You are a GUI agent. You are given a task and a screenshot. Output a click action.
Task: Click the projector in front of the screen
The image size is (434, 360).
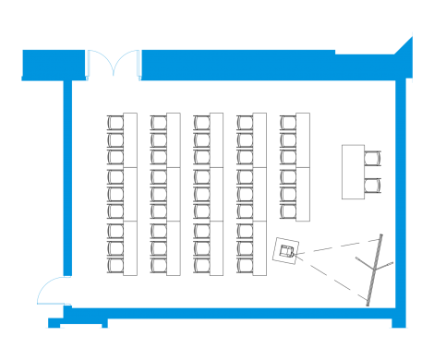coord(288,251)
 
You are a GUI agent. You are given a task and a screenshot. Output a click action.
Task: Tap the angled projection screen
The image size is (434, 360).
coord(375,267)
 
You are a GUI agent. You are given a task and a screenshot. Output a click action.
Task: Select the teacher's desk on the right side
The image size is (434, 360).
coord(352,171)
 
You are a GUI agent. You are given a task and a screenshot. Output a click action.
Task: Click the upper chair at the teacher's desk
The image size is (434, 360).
coord(372,159)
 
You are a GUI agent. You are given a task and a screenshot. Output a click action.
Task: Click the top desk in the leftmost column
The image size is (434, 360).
coord(129,139)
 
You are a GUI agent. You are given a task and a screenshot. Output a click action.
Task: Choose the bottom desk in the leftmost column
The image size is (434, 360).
coord(129,247)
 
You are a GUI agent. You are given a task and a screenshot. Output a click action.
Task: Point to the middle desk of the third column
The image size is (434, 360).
coord(216,194)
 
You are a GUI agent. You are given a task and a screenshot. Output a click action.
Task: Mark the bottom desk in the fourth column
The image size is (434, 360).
coord(260,247)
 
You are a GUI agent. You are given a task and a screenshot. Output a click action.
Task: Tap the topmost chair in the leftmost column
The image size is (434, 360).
coord(115,121)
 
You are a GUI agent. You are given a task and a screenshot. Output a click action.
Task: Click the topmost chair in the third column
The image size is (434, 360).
coord(201,121)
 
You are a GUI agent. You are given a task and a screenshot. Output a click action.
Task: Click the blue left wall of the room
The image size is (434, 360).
coord(67,185)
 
